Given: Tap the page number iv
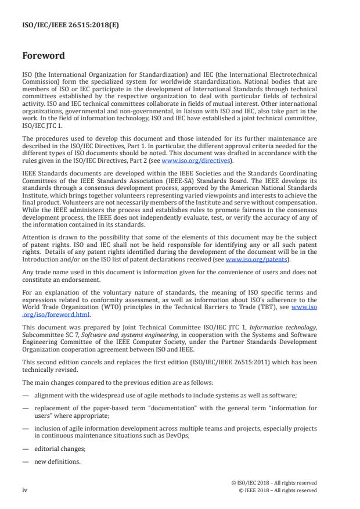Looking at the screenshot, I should (x=25, y=490).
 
